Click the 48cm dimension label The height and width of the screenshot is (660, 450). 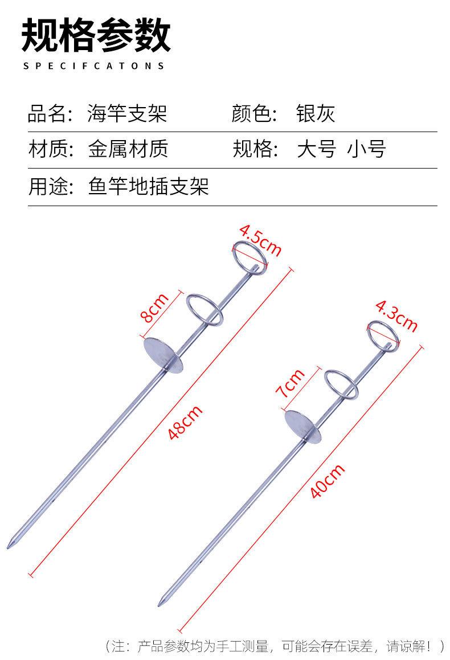click(185, 422)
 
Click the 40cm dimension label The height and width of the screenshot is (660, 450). click(328, 481)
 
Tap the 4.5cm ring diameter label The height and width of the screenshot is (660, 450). click(260, 241)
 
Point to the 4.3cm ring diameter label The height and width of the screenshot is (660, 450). click(396, 315)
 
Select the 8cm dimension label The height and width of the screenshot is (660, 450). click(154, 308)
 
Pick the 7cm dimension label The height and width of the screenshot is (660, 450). click(290, 383)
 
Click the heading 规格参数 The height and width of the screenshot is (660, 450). click(96, 35)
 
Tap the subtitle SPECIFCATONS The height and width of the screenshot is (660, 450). click(93, 66)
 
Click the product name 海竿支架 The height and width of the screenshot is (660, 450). click(127, 113)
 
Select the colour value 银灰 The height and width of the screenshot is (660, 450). click(316, 113)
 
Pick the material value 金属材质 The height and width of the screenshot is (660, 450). click(128, 149)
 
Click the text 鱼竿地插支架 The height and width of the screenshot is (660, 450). click(149, 186)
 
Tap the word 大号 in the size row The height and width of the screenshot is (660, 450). click(317, 149)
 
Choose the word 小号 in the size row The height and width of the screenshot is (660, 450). click(366, 149)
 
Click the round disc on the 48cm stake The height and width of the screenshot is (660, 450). click(163, 355)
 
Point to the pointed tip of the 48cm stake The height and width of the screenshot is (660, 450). click(8, 547)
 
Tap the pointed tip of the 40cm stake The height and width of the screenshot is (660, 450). click(159, 605)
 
